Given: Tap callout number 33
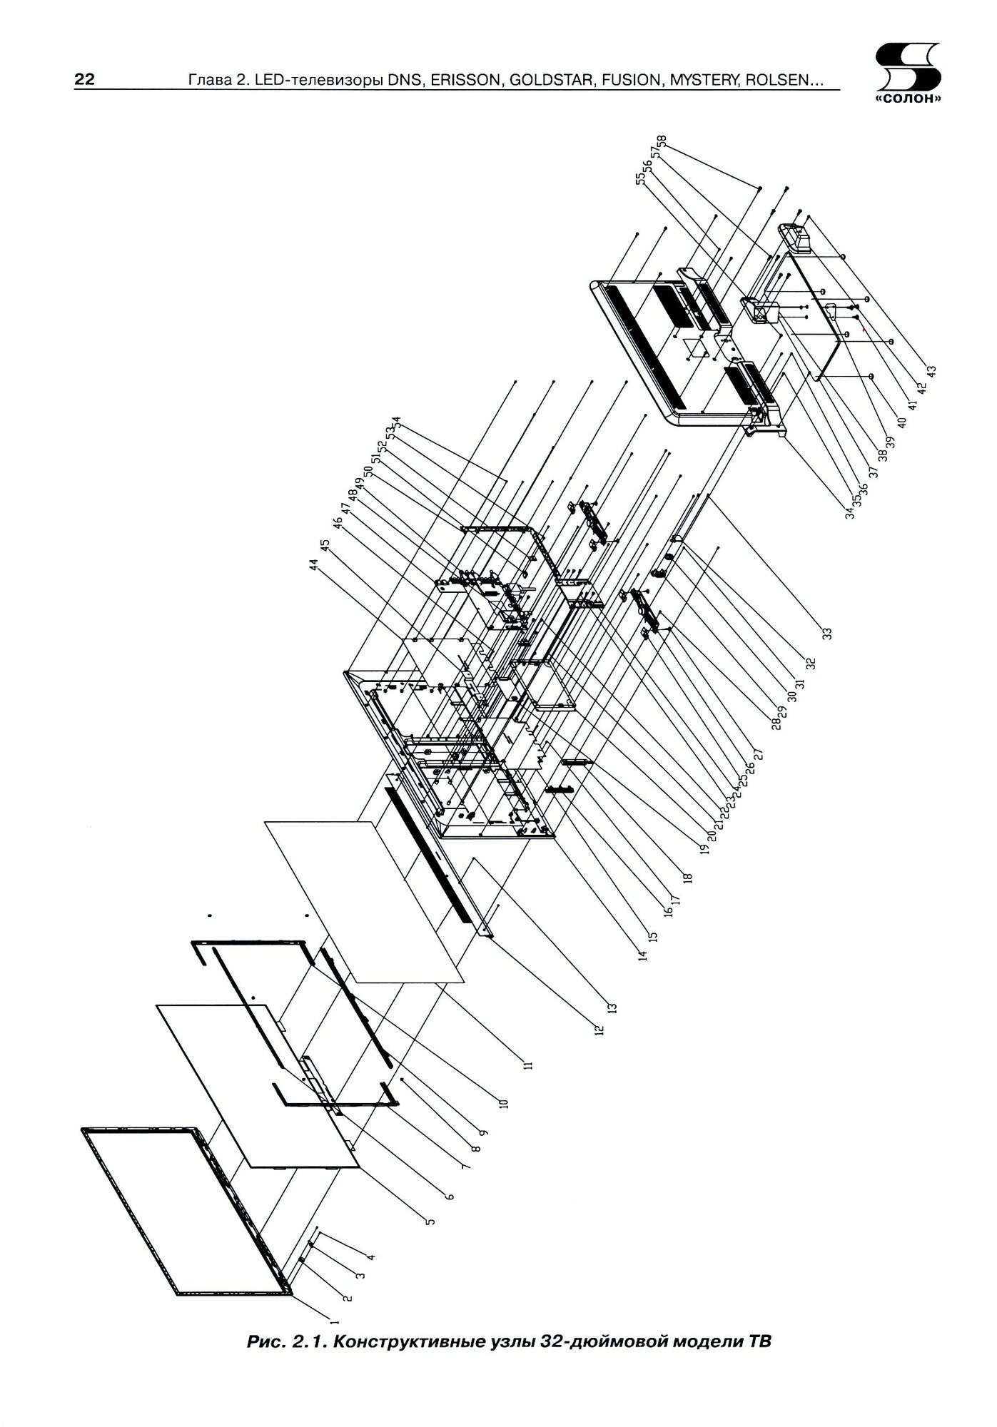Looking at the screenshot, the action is pyautogui.click(x=826, y=633).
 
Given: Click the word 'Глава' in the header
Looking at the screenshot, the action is pyautogui.click(x=206, y=80).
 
